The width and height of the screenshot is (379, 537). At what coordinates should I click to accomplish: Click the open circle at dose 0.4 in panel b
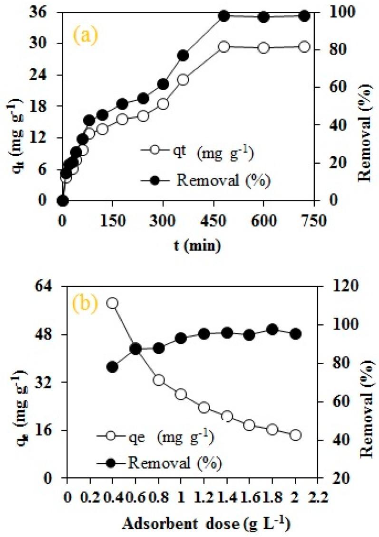(112, 303)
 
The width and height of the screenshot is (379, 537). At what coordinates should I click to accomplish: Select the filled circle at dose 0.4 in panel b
(112, 367)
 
